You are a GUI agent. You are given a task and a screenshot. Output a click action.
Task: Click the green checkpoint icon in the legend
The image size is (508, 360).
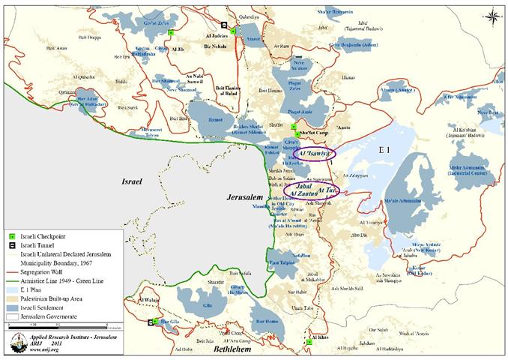coord(10,236)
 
